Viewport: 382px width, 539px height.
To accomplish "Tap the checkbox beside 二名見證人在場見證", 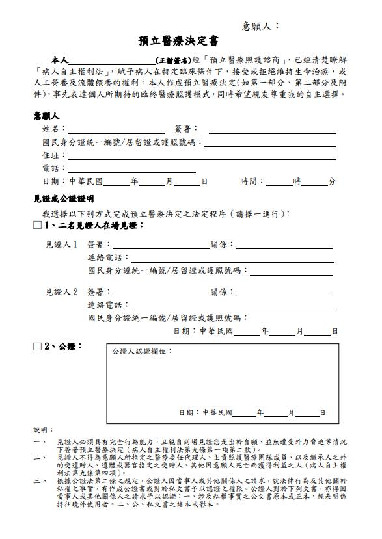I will click(x=37, y=226).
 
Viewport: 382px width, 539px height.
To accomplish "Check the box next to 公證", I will click(x=37, y=347).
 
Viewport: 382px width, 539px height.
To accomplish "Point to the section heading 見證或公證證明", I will click(x=63, y=198).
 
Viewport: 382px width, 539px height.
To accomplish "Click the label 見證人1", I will click(x=61, y=245).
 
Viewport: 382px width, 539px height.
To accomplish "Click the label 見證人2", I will click(x=61, y=292).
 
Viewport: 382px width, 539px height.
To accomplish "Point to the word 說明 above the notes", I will click(x=42, y=430).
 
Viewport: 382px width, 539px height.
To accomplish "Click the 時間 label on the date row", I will click(x=251, y=182).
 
